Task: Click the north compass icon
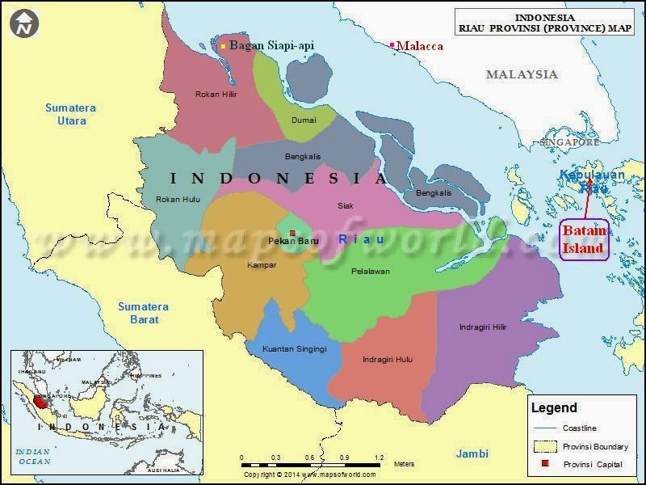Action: pyautogui.click(x=25, y=23)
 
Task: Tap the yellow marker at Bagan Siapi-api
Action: pyautogui.click(x=224, y=46)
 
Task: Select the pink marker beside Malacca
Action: pyautogui.click(x=392, y=45)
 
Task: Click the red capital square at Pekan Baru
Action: pyautogui.click(x=292, y=234)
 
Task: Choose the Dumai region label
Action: pyautogui.click(x=304, y=120)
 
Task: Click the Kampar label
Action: pyautogui.click(x=262, y=264)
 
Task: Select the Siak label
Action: pyautogui.click(x=345, y=205)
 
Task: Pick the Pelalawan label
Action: pyautogui.click(x=370, y=272)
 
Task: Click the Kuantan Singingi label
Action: pyautogui.click(x=294, y=349)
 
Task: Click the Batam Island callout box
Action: pyautogui.click(x=584, y=240)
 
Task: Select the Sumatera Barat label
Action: pyautogui.click(x=143, y=313)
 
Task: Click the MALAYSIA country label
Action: pyautogui.click(x=521, y=74)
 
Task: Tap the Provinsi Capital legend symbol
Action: pyautogui.click(x=546, y=464)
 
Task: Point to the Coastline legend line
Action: pyautogui.click(x=546, y=428)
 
